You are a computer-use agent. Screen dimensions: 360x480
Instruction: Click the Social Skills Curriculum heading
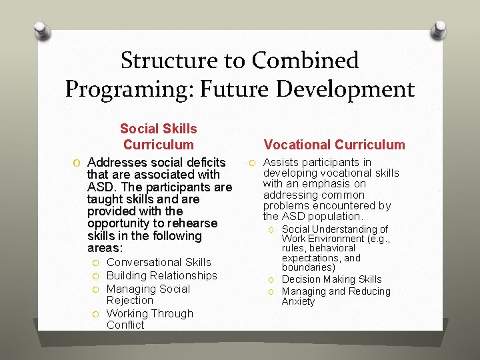158,137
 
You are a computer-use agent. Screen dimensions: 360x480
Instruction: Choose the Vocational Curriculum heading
334,145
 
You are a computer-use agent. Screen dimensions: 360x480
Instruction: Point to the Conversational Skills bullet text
159,263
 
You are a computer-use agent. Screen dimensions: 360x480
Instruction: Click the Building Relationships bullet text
162,275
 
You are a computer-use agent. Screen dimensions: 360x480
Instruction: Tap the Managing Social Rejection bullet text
148,295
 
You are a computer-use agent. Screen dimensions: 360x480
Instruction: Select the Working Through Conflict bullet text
150,319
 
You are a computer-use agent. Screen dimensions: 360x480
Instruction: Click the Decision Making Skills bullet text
331,279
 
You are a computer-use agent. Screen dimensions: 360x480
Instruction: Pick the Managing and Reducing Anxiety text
336,296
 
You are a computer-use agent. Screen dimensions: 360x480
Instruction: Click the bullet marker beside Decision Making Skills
272,280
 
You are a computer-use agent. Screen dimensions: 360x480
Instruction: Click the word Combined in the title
305,61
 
